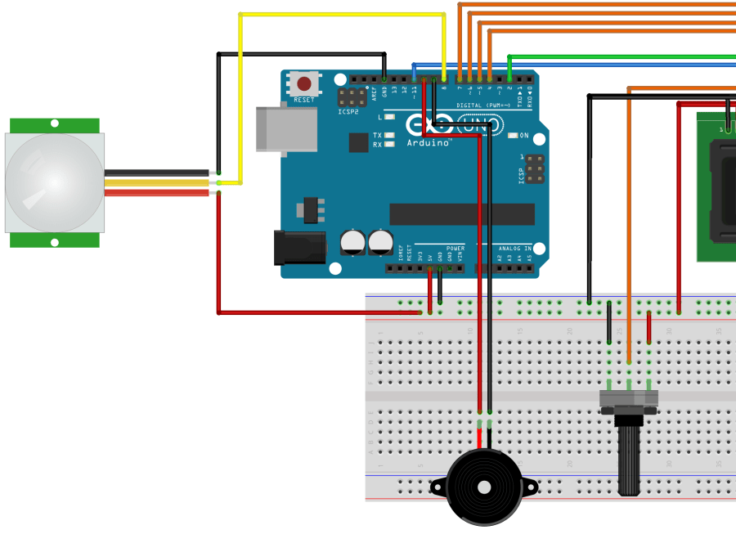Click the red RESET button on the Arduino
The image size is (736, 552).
point(304,83)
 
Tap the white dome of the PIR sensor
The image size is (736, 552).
point(54,182)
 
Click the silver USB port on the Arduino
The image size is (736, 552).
point(285,129)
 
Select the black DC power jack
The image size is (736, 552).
point(298,248)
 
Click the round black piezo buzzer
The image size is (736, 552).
point(484,487)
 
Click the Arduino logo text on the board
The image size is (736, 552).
point(430,142)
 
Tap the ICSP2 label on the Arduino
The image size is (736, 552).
point(348,112)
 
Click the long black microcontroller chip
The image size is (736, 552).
point(461,214)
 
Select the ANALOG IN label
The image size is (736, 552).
point(515,248)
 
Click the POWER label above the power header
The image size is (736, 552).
point(455,248)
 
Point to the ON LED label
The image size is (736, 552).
point(523,136)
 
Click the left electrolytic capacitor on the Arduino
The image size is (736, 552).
point(352,241)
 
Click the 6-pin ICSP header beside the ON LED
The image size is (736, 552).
point(533,169)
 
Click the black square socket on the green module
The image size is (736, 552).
point(724,192)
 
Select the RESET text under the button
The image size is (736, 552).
point(303,100)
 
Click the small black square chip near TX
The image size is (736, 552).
point(358,142)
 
